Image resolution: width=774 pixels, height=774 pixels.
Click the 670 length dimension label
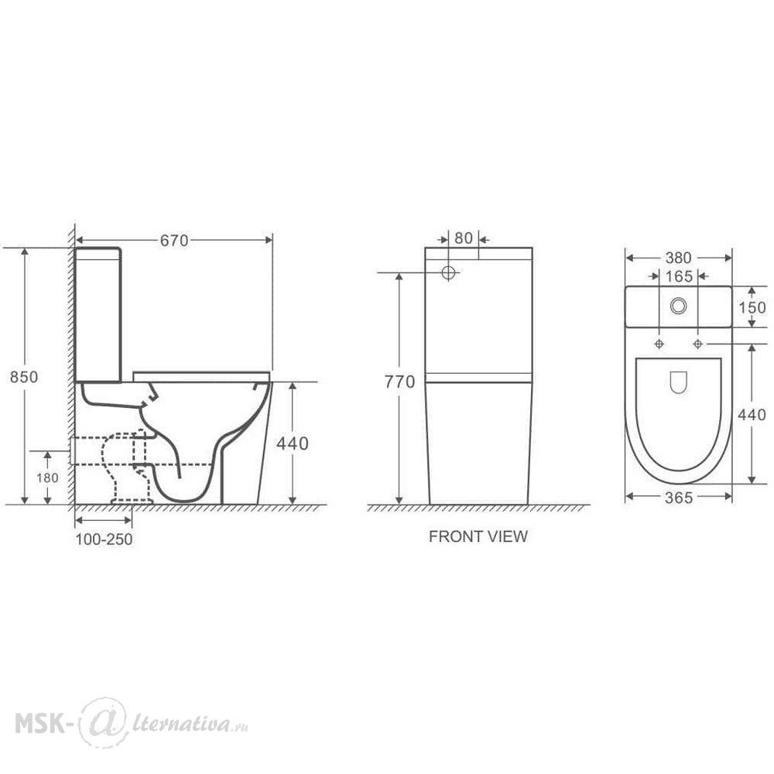coord(173,241)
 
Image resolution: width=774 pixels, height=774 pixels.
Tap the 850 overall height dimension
coord(24,377)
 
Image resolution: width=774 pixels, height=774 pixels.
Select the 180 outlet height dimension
coord(47,478)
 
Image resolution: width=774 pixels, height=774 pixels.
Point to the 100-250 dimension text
coord(104,539)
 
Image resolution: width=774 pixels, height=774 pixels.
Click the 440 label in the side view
coord(293,444)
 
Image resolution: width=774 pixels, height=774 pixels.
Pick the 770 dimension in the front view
coord(399,382)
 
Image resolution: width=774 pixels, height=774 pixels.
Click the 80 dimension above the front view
coord(464,238)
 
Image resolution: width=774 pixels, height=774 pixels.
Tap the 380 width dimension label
coord(678,258)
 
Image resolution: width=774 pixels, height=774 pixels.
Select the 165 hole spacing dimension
coord(679,276)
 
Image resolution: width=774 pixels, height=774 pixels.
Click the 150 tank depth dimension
coord(752,307)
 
